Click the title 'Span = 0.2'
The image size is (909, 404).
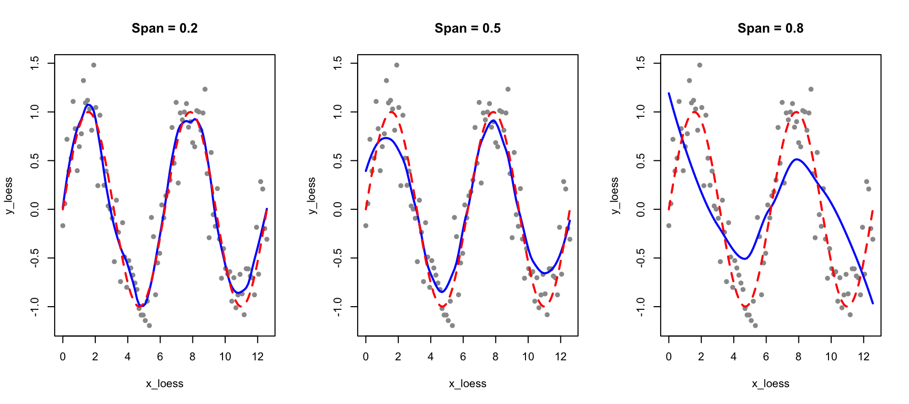(x=165, y=28)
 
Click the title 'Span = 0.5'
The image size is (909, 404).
(x=468, y=28)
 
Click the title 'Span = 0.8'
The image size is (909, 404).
(x=771, y=28)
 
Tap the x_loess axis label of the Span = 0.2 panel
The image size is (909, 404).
(x=165, y=384)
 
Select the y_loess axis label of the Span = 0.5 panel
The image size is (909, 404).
(x=312, y=196)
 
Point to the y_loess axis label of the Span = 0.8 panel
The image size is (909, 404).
(x=615, y=196)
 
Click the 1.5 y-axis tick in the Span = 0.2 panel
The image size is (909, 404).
(x=35, y=64)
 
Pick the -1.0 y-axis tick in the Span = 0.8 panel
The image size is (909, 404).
(x=641, y=307)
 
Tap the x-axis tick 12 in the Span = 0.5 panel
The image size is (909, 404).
(x=561, y=357)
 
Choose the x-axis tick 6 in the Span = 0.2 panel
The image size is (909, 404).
(x=160, y=357)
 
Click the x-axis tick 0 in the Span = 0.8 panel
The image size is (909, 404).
(x=669, y=357)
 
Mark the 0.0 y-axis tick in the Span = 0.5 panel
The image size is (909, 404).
(x=338, y=209)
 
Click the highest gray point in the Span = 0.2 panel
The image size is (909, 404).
(x=94, y=65)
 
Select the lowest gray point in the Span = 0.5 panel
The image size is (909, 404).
(x=452, y=326)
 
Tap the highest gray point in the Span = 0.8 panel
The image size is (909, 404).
(x=700, y=65)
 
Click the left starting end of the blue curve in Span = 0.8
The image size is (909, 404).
(x=669, y=93)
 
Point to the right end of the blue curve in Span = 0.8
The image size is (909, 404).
(x=873, y=303)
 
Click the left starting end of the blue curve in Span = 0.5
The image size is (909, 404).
(x=366, y=171)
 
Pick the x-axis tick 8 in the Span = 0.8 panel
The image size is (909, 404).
(x=799, y=357)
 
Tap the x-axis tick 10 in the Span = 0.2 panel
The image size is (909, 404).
(x=225, y=357)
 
